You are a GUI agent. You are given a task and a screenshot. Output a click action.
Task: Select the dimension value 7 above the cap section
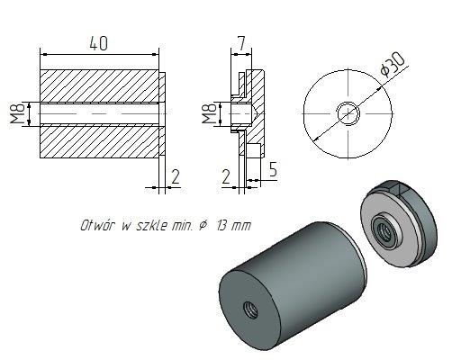(240, 41)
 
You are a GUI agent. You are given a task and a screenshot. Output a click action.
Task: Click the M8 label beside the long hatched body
(15, 114)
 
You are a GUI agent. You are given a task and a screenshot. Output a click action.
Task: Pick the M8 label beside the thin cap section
(209, 114)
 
